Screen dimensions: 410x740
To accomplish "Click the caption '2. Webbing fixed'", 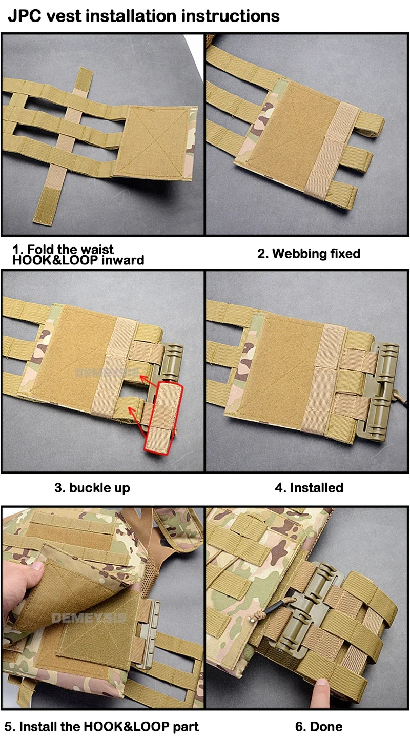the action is (x=309, y=254).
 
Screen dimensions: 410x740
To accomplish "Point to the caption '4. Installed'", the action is (x=309, y=487).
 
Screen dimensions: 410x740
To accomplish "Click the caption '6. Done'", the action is (x=318, y=727).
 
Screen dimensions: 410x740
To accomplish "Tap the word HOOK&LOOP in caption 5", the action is (x=127, y=727).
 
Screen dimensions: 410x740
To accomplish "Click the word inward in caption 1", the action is (x=123, y=260).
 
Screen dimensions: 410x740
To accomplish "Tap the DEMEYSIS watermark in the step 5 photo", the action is (x=89, y=618).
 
